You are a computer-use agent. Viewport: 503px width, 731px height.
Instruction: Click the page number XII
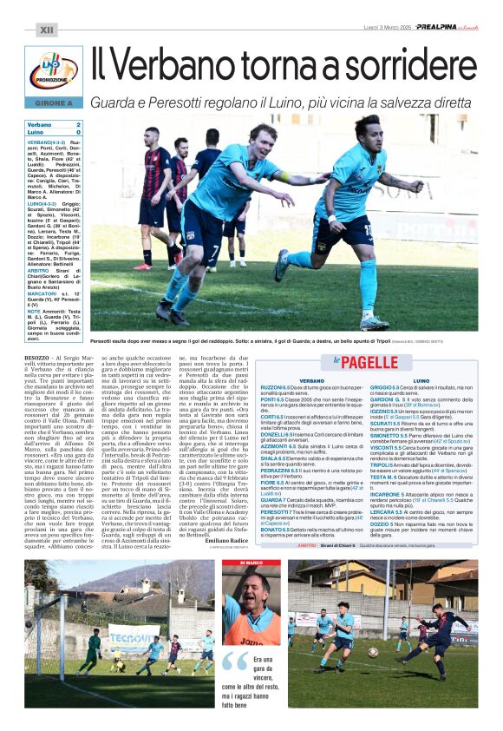point(46,30)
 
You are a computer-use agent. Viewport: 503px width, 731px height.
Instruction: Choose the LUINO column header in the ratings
point(421,380)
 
